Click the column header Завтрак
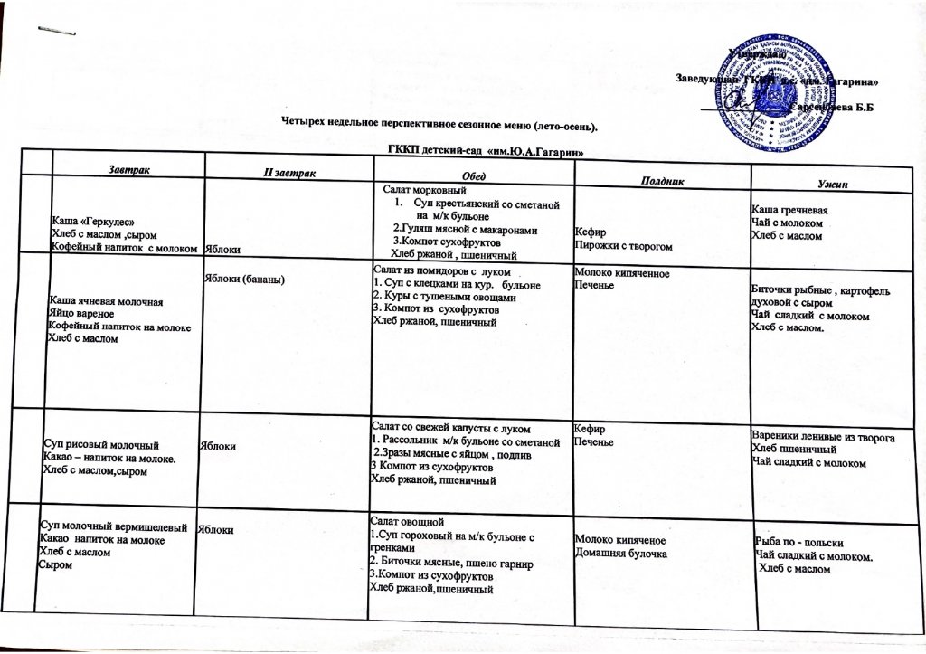[x=133, y=168]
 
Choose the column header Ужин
[x=829, y=184]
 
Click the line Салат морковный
[x=424, y=192]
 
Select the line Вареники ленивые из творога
[x=823, y=438]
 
